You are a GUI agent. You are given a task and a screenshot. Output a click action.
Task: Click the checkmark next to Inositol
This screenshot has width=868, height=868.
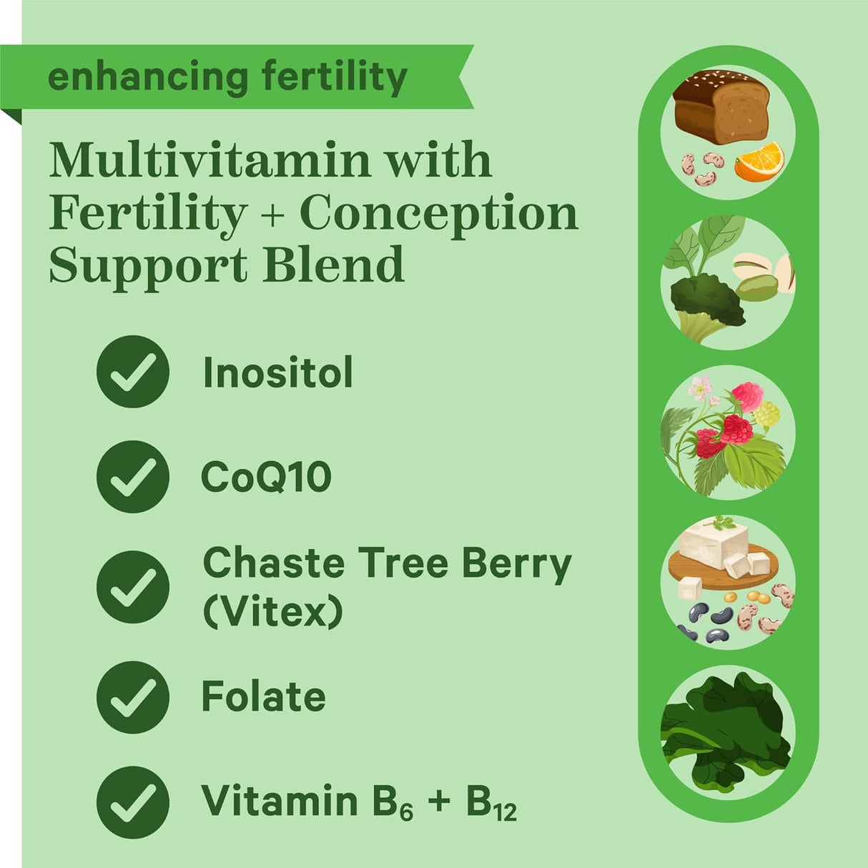[x=133, y=372]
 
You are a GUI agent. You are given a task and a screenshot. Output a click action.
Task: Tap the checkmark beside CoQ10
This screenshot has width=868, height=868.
[x=133, y=477]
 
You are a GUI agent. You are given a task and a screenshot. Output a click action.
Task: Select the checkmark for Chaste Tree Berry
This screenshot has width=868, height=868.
[x=133, y=587]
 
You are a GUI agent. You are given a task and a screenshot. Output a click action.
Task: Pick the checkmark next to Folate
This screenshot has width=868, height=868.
[x=133, y=697]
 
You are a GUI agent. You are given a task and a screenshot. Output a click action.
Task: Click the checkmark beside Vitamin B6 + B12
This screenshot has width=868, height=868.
[x=133, y=802]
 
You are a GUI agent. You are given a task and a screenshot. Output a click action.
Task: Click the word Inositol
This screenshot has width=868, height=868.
[x=278, y=373]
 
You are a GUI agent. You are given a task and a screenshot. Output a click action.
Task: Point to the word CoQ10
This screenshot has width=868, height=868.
[x=266, y=477]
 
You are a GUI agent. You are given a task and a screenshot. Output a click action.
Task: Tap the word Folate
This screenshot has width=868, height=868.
[x=263, y=697]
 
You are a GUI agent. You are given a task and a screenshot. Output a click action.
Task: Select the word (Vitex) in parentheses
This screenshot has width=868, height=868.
[x=273, y=611]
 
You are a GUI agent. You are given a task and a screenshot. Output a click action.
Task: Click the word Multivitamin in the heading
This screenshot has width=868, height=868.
[x=209, y=160]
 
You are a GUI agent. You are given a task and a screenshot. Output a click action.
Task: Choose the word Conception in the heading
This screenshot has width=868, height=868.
[x=438, y=213]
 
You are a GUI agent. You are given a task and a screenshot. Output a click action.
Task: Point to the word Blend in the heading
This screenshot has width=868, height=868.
[x=333, y=265]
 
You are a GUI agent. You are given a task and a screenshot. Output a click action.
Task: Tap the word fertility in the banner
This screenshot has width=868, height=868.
[x=335, y=77]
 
